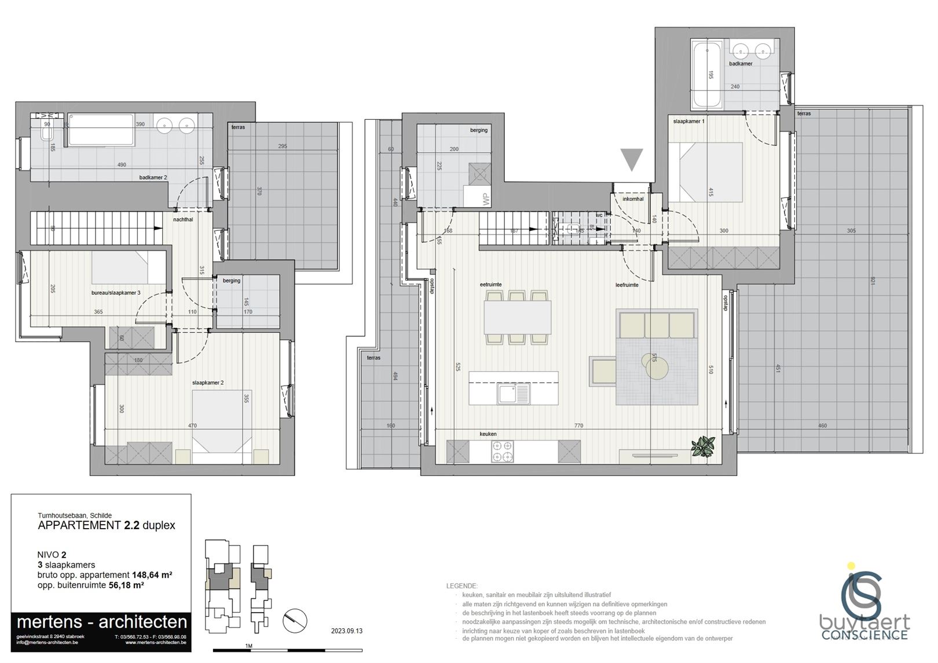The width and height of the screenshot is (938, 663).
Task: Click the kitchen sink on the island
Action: click(x=514, y=394)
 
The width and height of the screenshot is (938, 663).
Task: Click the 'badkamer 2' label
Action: click(x=153, y=177)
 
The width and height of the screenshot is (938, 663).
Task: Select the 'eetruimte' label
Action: click(x=490, y=284)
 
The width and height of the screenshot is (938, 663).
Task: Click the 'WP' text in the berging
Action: click(x=485, y=200)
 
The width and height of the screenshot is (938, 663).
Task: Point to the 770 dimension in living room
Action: click(x=578, y=426)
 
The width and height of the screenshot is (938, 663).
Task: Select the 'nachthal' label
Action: click(x=183, y=219)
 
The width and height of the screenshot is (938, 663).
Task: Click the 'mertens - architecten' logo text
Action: click(x=102, y=622)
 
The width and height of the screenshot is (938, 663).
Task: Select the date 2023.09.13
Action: click(x=346, y=631)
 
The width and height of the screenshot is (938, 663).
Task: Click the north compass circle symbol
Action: click(x=295, y=621)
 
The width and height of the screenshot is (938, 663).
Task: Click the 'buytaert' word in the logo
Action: click(x=864, y=623)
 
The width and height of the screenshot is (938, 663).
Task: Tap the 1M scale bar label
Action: click(x=249, y=646)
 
